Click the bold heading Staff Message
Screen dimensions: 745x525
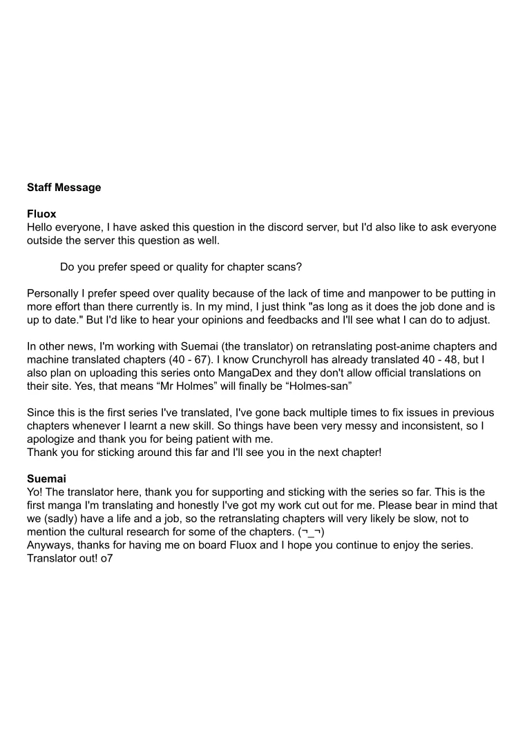pyautogui.click(x=64, y=188)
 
